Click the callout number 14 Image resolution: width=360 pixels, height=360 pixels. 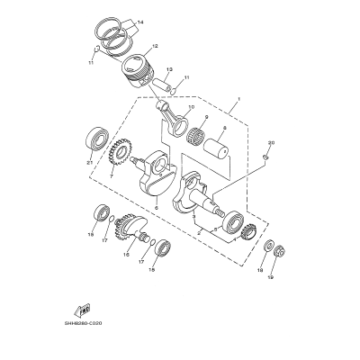click(x=140, y=20)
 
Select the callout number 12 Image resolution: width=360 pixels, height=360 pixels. click(x=156, y=47)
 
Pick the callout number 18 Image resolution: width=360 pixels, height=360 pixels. click(x=262, y=269)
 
